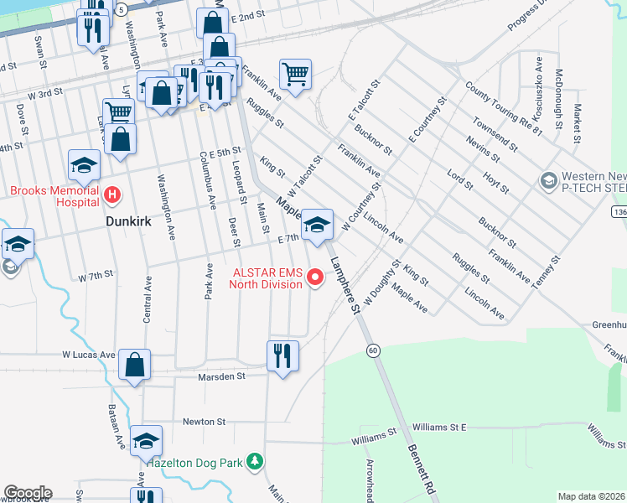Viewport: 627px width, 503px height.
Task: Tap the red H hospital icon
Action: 113,196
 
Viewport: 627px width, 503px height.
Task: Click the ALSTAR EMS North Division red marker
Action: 316,276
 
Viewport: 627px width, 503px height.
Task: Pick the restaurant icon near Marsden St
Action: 283,355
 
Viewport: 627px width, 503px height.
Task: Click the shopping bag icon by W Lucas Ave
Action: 134,365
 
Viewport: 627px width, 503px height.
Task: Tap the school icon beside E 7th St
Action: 317,225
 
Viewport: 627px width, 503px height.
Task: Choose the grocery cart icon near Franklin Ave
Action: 295,75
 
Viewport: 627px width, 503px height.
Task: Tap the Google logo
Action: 28,493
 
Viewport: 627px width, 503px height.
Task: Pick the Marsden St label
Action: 222,376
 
